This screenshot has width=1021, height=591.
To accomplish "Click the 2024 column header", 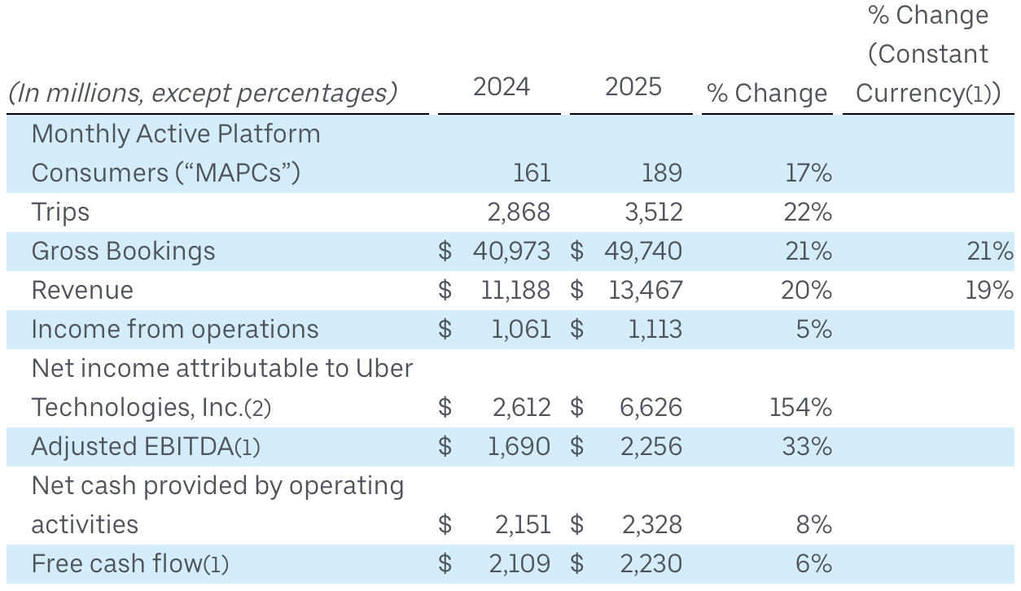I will (x=501, y=87).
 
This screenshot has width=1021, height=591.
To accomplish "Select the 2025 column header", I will (x=633, y=87).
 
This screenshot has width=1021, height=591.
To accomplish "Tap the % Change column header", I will (x=766, y=94).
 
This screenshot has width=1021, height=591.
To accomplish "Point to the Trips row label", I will (x=60, y=212).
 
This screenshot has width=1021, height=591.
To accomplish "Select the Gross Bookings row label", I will (x=123, y=252).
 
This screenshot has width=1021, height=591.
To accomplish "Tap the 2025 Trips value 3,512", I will (x=643, y=212).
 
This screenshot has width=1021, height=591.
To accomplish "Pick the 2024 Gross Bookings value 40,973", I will (x=511, y=252).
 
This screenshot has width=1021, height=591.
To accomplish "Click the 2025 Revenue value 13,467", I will (x=645, y=291).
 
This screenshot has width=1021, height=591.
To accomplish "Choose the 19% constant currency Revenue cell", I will (x=990, y=291).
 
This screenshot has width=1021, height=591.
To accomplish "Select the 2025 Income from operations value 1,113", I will (x=651, y=330).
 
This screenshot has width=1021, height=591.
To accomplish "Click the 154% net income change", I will (x=800, y=408).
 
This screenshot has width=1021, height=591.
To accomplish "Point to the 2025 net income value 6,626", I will (x=643, y=408).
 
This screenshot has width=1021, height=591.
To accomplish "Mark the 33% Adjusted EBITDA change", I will (x=808, y=447).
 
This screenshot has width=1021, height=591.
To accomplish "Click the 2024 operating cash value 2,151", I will (x=522, y=525).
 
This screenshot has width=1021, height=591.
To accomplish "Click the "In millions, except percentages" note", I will (x=203, y=94).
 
